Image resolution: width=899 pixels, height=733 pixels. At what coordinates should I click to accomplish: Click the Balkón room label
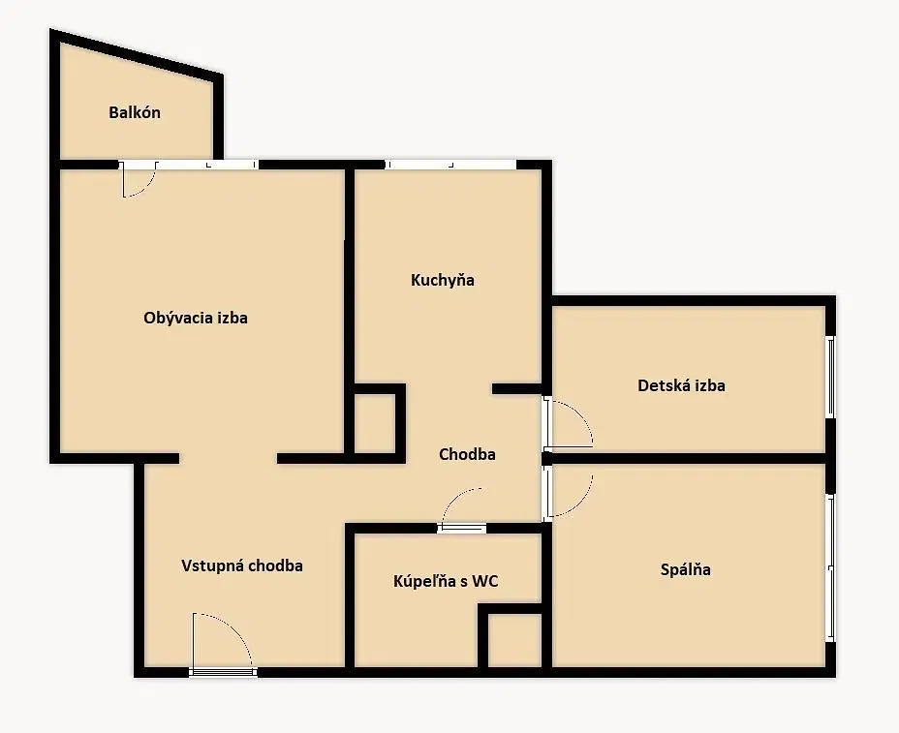pyautogui.click(x=135, y=112)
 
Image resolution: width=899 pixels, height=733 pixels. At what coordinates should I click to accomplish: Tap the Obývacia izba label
pyautogui.click(x=196, y=318)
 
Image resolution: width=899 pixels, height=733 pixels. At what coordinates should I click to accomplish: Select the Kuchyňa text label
pyautogui.click(x=443, y=280)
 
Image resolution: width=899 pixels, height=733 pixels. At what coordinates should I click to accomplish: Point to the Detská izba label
pyautogui.click(x=681, y=385)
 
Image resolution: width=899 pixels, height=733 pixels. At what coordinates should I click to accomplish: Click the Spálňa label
pyautogui.click(x=686, y=569)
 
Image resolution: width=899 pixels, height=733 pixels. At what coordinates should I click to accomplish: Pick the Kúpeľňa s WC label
pyautogui.click(x=446, y=581)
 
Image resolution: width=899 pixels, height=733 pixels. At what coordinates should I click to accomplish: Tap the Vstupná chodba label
pyautogui.click(x=242, y=565)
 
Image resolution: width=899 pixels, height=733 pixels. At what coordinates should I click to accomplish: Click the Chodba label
pyautogui.click(x=467, y=454)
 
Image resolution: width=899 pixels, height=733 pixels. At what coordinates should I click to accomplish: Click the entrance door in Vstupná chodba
pyautogui.click(x=222, y=645)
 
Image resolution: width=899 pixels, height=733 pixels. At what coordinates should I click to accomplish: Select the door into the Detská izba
pyautogui.click(x=568, y=423)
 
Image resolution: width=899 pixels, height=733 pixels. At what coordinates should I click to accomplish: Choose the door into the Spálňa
pyautogui.click(x=568, y=494)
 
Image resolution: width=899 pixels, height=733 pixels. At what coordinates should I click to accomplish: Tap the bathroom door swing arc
pyautogui.click(x=458, y=500)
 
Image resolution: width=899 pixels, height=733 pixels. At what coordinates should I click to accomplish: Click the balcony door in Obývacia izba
pyautogui.click(x=139, y=179)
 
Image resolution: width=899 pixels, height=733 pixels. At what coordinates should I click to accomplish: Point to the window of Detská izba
pyautogui.click(x=830, y=377)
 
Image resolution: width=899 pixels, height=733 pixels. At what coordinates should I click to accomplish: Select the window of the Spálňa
pyautogui.click(x=830, y=567)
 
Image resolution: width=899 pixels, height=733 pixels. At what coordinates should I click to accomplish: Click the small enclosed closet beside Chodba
pyautogui.click(x=375, y=423)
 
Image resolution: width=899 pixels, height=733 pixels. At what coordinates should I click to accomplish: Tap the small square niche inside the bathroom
pyautogui.click(x=514, y=640)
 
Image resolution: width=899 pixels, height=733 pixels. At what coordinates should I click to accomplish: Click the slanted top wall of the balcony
pyautogui.click(x=137, y=52)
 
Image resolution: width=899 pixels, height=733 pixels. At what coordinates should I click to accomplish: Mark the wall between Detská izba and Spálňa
pyautogui.click(x=688, y=458)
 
